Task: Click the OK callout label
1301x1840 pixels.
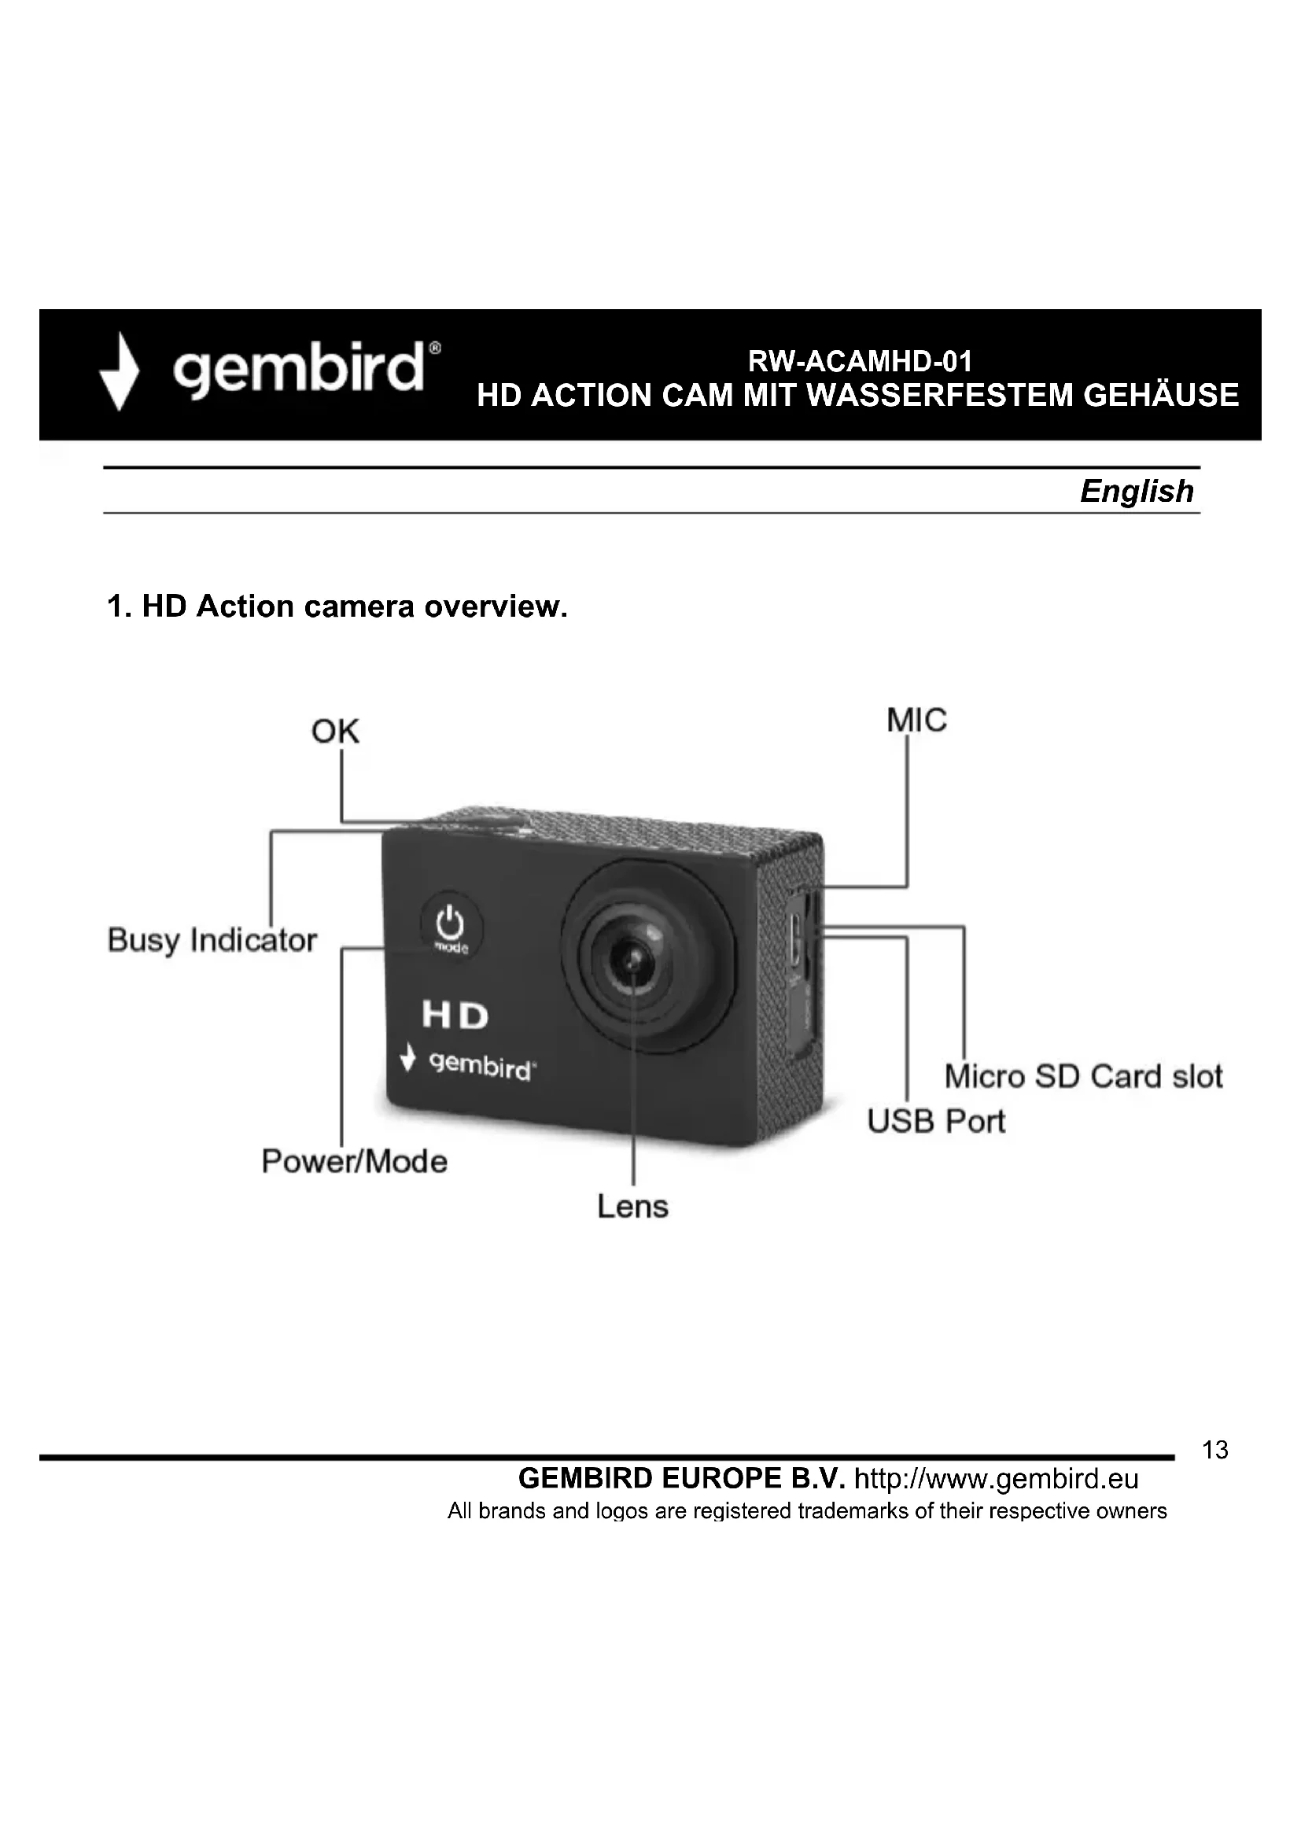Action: click(335, 731)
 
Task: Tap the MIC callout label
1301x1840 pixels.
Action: click(916, 721)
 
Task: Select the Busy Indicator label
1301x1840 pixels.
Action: click(212, 940)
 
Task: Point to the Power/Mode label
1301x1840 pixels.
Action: click(354, 1161)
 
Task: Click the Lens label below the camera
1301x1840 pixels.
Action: click(632, 1206)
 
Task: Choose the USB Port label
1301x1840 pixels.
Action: click(935, 1121)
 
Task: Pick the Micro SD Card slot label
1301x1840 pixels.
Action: click(1083, 1076)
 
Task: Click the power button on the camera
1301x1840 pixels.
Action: click(451, 926)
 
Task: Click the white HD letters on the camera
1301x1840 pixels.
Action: click(455, 1016)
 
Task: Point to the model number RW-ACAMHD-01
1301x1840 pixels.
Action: click(860, 361)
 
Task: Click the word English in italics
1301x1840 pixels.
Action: click(1136, 490)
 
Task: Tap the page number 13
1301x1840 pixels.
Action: click(1214, 1450)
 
